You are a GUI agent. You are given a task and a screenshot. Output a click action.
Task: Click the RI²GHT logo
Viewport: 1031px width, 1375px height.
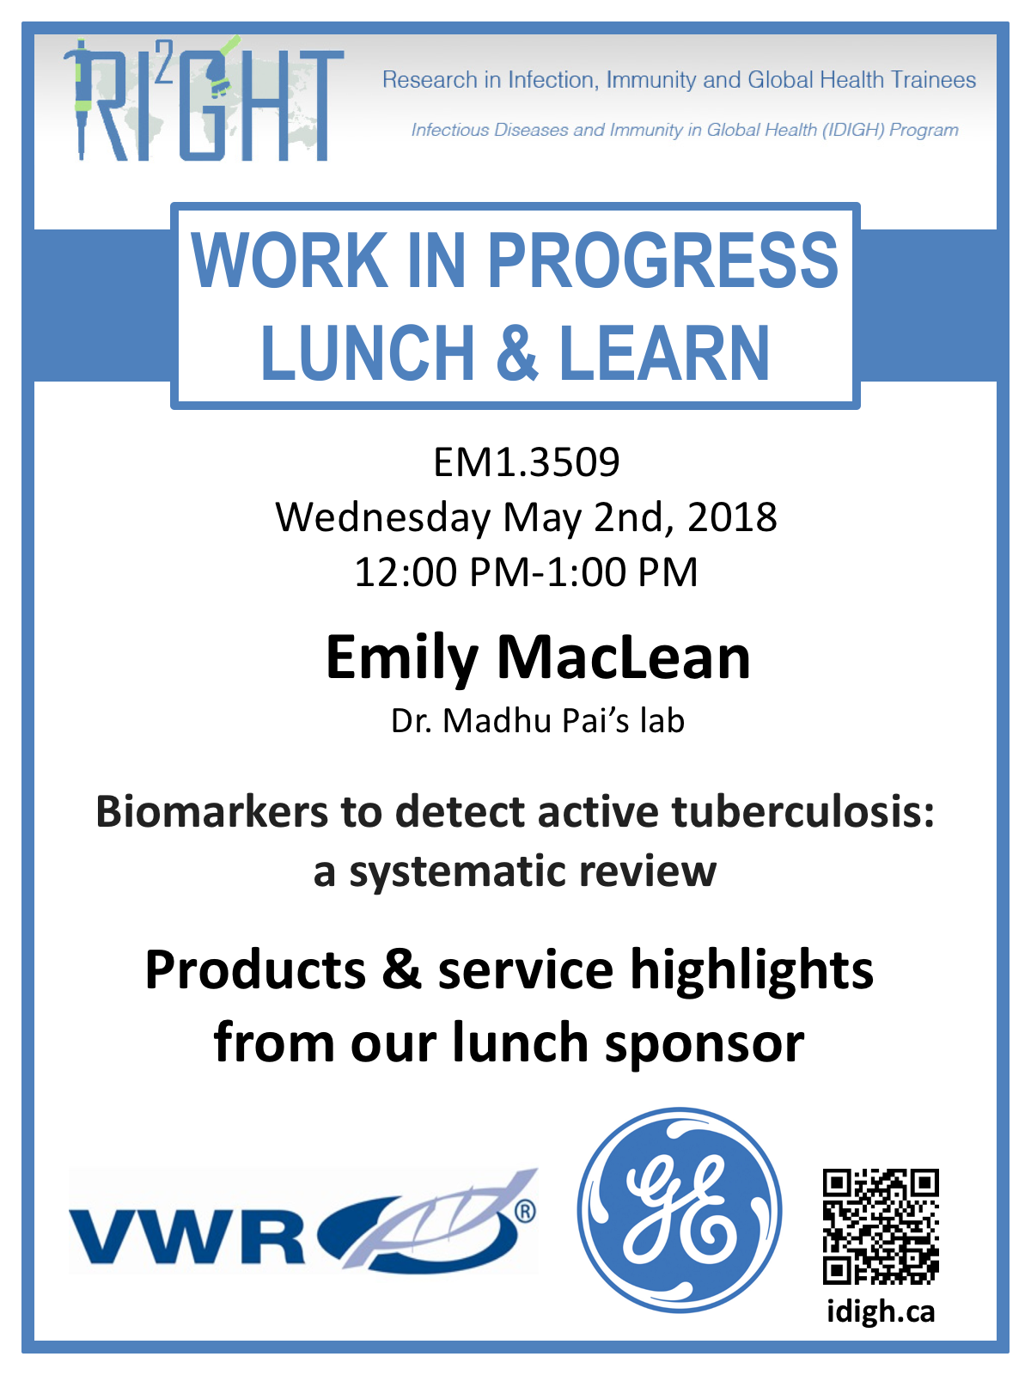[204, 99]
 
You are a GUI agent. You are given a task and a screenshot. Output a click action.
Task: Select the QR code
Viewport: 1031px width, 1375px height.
[881, 1226]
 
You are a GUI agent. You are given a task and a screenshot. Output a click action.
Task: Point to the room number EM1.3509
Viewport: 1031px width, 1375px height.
[527, 462]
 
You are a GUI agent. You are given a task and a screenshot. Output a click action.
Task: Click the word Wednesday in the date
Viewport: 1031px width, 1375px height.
[383, 519]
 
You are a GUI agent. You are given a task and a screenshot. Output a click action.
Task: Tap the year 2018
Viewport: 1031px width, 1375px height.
[732, 517]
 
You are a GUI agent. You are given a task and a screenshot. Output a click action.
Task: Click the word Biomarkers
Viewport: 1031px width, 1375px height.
[211, 812]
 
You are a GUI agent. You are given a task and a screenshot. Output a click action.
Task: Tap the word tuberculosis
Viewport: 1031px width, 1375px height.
[803, 812]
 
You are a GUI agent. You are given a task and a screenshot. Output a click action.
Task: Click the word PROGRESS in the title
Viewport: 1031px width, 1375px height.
[662, 260]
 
